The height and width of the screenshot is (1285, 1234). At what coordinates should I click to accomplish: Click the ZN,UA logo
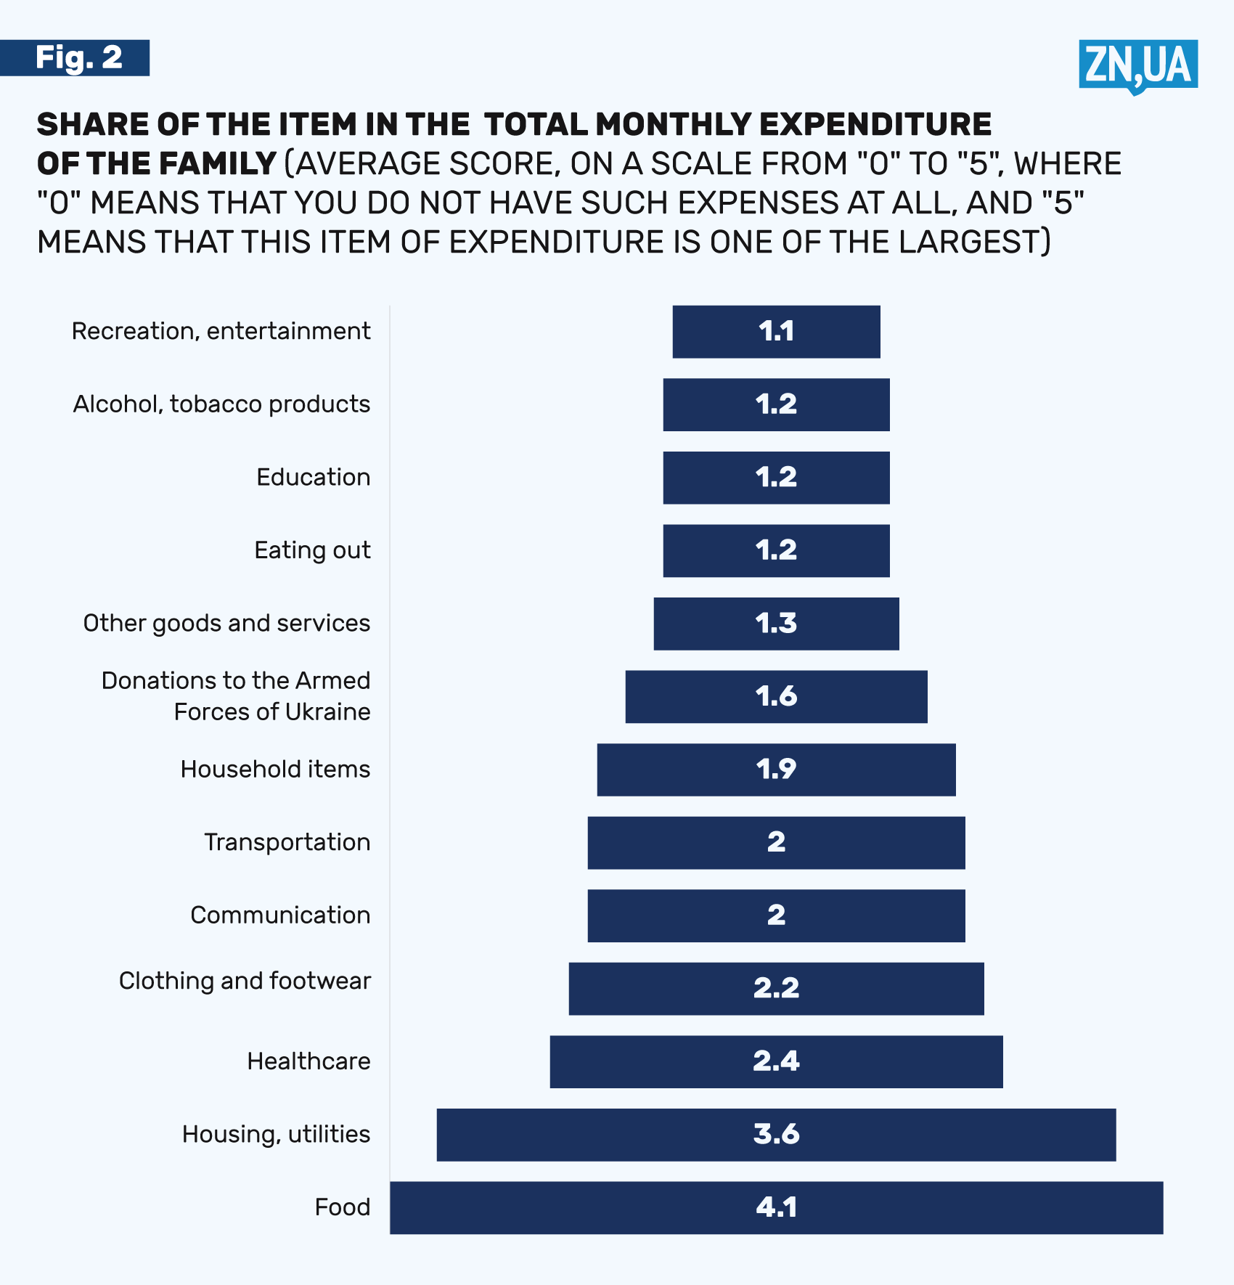[1137, 65]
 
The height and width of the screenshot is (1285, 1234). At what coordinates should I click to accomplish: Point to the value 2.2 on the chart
[776, 988]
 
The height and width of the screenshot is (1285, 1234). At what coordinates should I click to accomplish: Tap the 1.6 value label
[776, 696]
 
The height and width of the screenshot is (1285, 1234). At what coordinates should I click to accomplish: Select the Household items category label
[275, 769]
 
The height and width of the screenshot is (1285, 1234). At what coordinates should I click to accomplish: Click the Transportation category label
[287, 842]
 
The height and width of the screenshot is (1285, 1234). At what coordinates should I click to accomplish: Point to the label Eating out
[312, 550]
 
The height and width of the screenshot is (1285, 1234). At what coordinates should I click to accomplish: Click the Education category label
[313, 477]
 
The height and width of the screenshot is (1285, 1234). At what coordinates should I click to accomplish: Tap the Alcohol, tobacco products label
[221, 404]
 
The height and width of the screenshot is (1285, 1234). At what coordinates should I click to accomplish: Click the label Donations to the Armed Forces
[236, 696]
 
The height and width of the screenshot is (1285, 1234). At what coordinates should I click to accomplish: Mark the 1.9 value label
[776, 769]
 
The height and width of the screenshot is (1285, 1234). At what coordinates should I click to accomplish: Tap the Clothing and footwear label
[245, 981]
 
